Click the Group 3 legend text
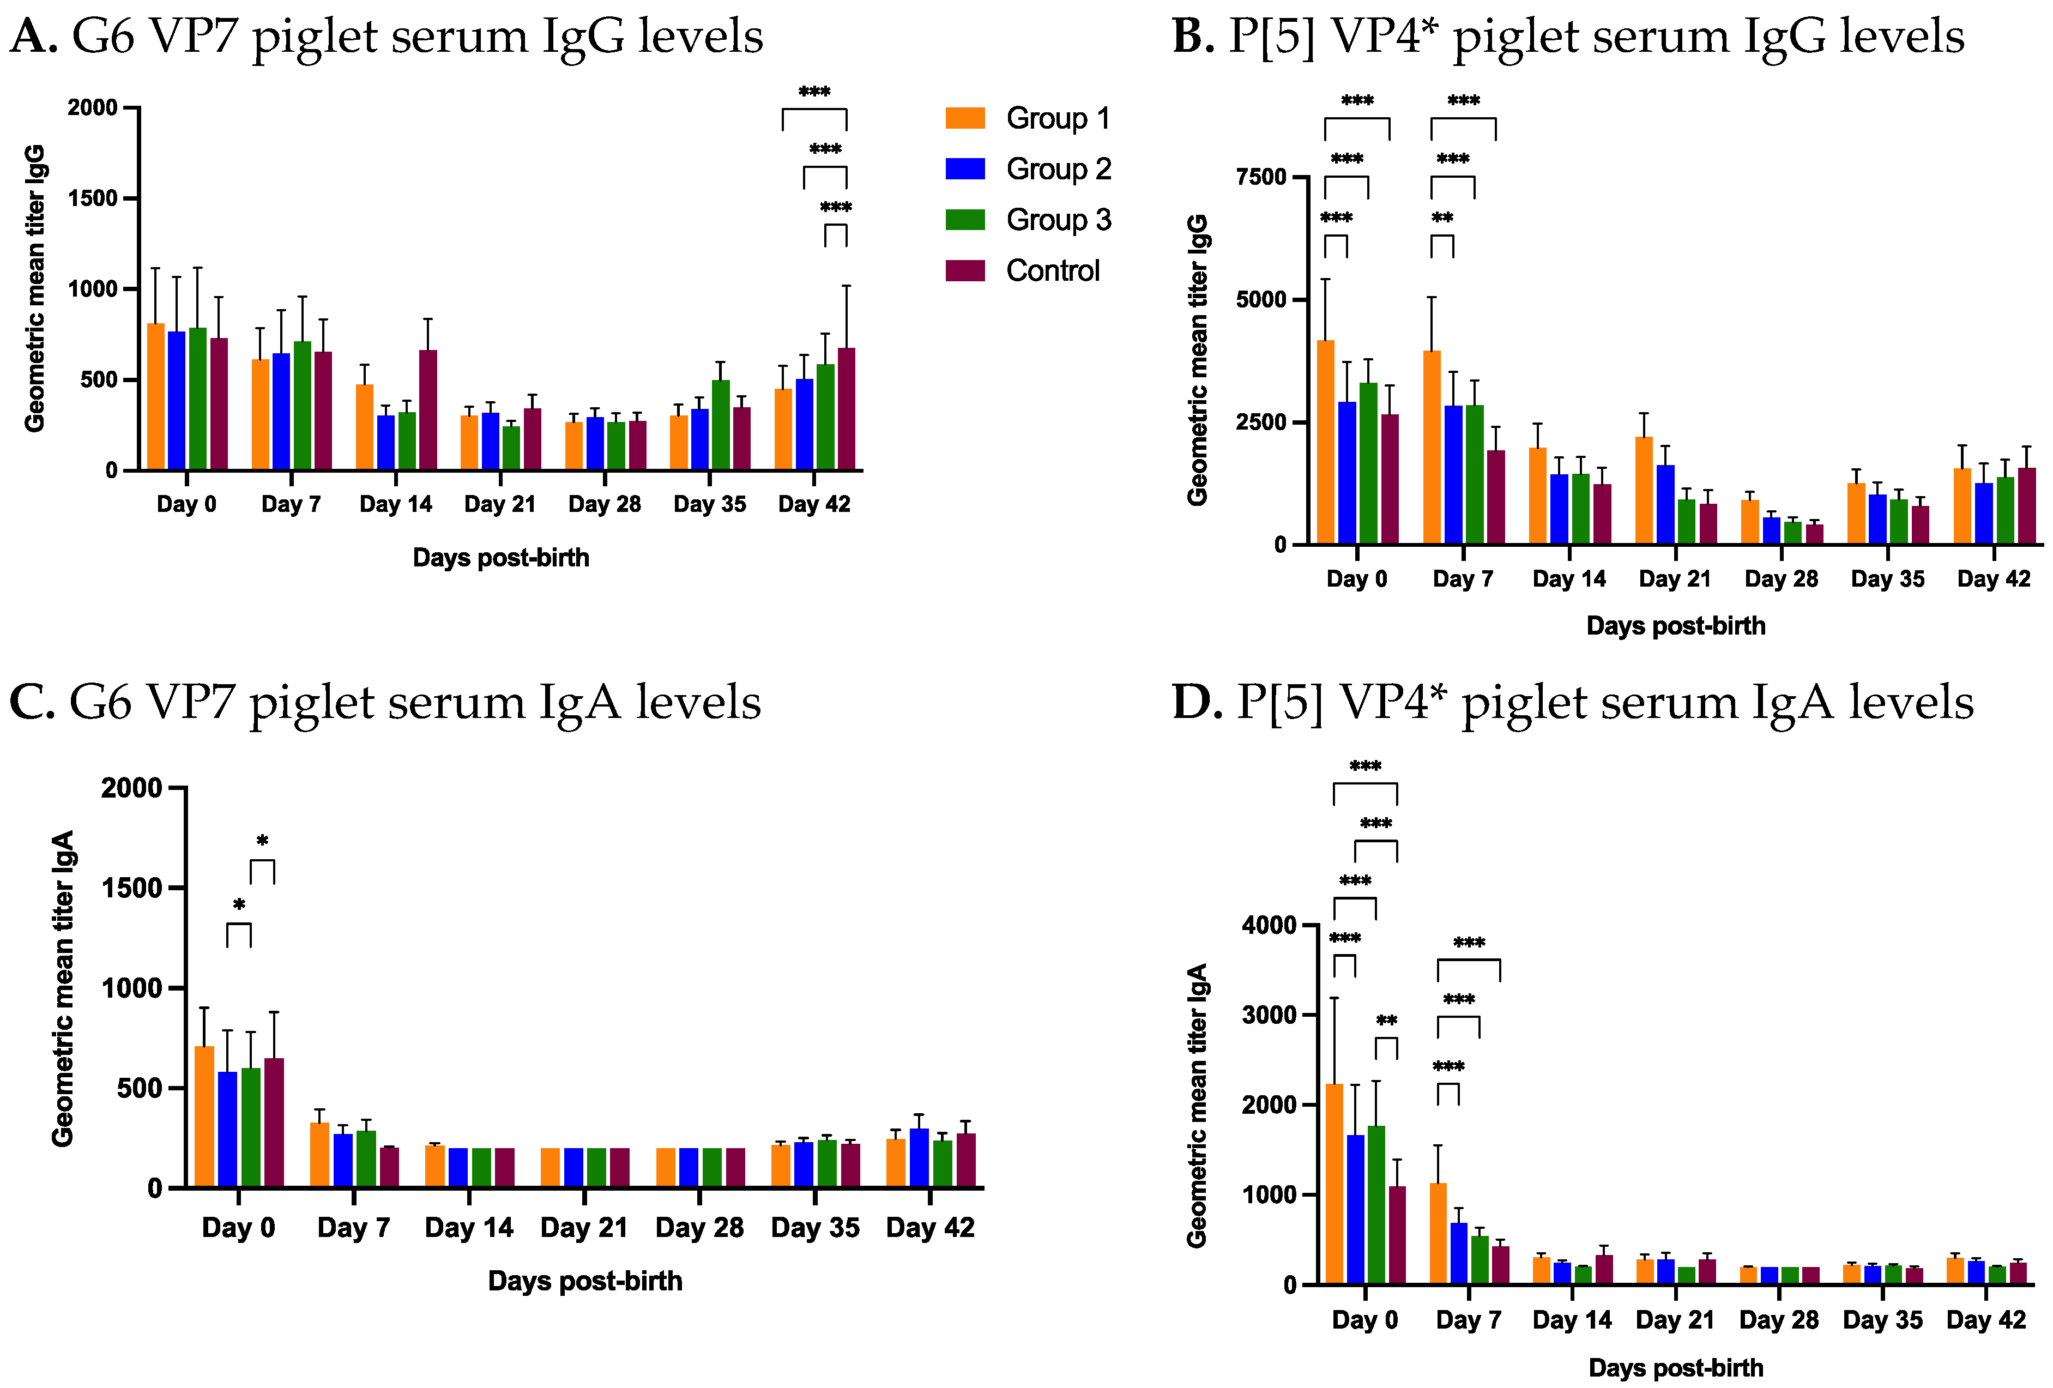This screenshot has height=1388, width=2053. pos(1058,220)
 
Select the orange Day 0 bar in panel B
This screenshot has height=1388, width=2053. pos(1325,442)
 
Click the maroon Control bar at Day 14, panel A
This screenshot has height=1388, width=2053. pos(427,411)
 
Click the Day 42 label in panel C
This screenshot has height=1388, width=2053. pos(929,1227)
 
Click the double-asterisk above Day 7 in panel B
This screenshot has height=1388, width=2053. pos(1442,218)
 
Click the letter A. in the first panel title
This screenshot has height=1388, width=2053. pos(34,37)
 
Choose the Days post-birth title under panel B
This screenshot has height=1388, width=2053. pos(1675,625)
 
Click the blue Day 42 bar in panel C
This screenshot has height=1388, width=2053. pos(918,1157)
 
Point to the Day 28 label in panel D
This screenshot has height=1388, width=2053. pos(1778,1320)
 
